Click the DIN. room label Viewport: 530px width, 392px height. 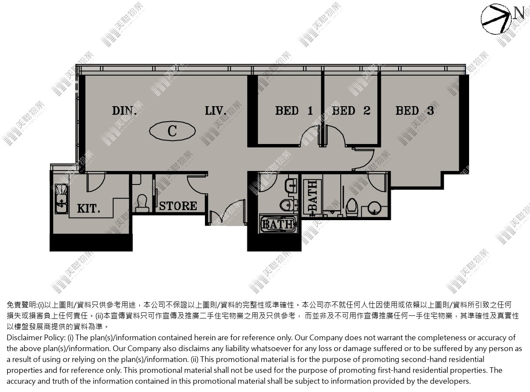124,111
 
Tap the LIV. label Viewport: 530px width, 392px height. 215,111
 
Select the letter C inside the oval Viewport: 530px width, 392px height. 172,131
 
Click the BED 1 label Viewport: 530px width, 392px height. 294,111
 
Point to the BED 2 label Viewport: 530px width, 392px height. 351,111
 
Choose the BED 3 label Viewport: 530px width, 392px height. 415,111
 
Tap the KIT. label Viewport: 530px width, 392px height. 88,208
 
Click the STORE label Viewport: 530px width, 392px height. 178,206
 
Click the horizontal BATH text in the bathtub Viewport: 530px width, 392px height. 278,224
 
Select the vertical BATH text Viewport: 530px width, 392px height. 312,196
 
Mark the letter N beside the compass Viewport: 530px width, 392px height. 519,13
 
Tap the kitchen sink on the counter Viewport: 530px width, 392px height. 61,198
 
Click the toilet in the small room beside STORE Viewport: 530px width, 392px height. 142,203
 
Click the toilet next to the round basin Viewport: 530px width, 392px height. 352,208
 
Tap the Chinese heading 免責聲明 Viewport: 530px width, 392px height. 21,305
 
